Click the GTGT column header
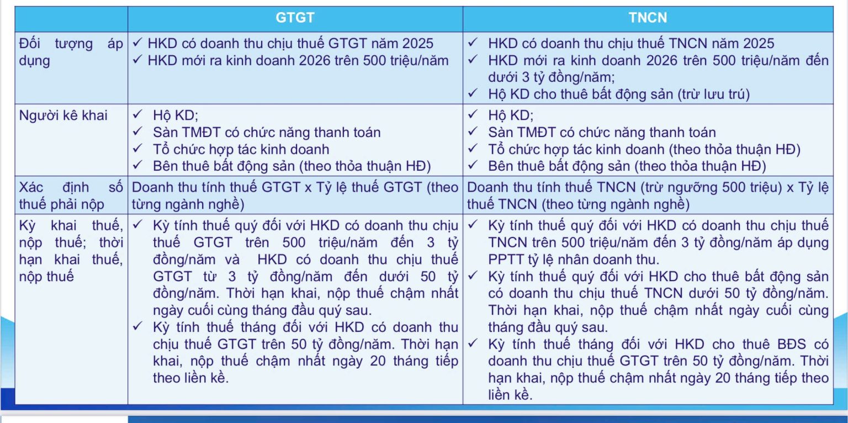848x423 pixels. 295,18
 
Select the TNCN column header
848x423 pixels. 648,18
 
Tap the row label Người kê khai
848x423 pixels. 63,115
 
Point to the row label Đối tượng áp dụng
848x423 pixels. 71,52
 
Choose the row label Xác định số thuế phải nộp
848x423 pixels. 71,195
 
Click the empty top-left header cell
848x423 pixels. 71,19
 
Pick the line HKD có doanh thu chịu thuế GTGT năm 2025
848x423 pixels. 290,43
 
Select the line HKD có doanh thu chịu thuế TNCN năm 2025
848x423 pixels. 631,43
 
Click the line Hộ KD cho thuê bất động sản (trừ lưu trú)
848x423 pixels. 619,94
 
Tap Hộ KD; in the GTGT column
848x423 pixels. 175,115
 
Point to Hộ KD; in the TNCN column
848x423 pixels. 511,115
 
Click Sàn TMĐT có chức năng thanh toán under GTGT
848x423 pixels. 267,132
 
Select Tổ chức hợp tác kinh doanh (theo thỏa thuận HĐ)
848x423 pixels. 644,149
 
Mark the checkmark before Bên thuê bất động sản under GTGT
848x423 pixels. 137,165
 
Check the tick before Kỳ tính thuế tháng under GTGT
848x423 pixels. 137,326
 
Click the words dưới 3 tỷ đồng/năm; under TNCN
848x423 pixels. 551,77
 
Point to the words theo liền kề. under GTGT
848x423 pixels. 191,378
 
